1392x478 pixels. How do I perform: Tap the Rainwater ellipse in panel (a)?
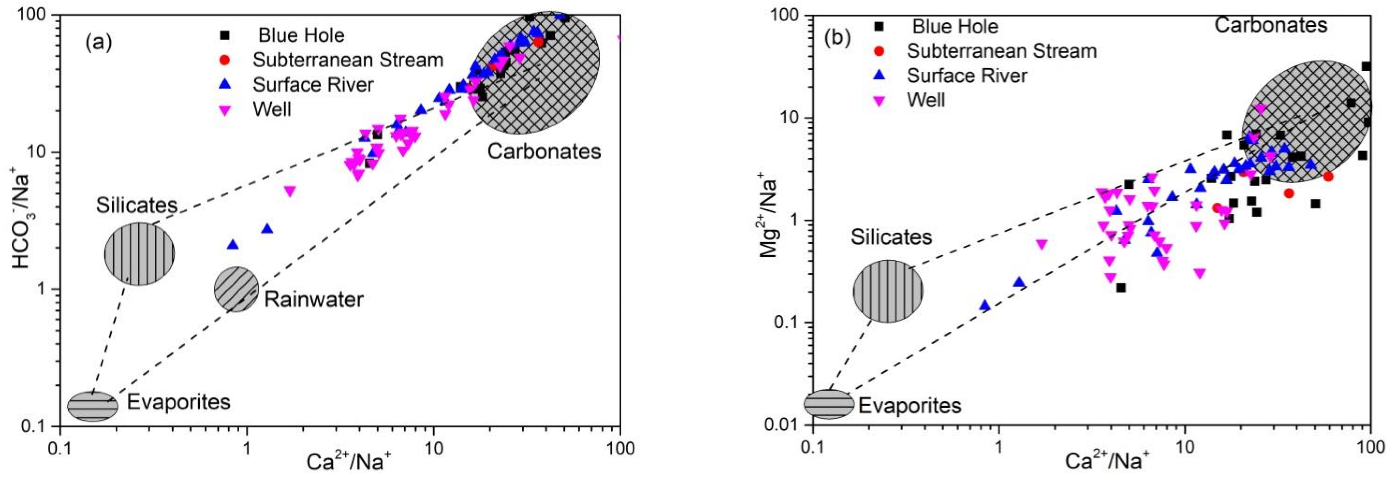[x=237, y=289]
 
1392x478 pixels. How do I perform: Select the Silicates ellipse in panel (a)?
[x=139, y=253]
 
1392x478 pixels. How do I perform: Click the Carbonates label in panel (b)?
[x=1271, y=25]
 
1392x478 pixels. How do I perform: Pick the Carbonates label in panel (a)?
[x=544, y=152]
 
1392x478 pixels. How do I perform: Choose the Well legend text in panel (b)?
[x=926, y=100]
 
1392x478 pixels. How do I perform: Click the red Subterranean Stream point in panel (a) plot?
[x=538, y=42]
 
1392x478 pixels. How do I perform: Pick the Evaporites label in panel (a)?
[x=179, y=402]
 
